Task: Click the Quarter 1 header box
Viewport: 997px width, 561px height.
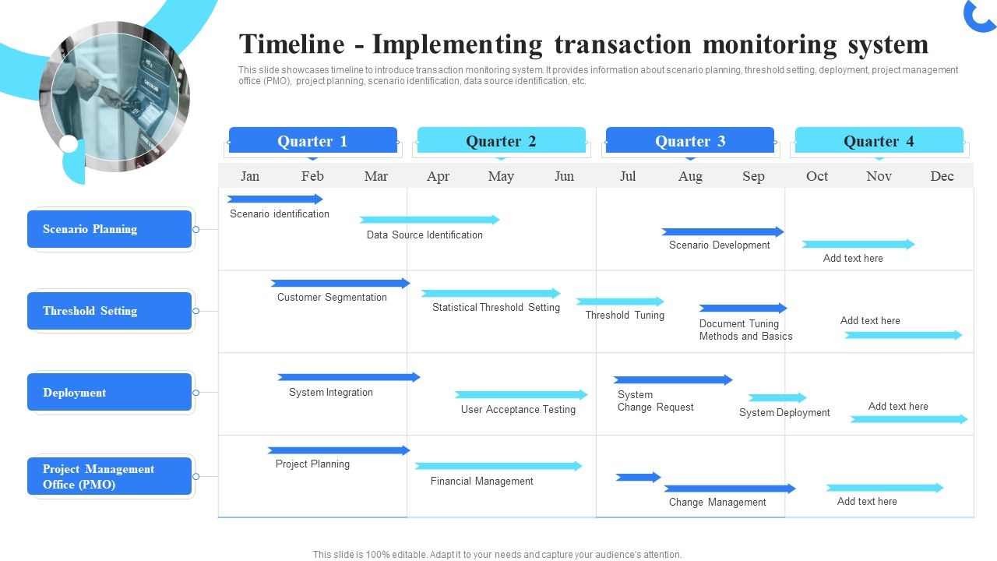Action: (x=312, y=141)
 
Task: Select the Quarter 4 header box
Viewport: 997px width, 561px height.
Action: (x=879, y=141)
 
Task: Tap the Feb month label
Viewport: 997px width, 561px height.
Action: (x=312, y=176)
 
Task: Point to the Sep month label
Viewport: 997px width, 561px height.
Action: (x=753, y=176)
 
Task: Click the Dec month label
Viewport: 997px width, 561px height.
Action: (x=942, y=176)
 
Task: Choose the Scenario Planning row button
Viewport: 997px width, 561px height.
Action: (x=109, y=229)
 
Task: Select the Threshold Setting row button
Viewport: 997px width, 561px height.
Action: (x=109, y=311)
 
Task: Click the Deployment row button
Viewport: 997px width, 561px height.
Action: (x=109, y=393)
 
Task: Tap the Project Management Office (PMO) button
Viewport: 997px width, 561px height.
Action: (x=109, y=476)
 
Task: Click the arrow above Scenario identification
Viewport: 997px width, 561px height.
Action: (x=274, y=199)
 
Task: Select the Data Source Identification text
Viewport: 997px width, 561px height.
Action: (x=425, y=235)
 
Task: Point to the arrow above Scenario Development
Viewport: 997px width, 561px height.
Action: (x=722, y=231)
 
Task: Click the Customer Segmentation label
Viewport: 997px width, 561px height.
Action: (x=332, y=297)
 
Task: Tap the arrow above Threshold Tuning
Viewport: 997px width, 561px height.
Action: (x=619, y=302)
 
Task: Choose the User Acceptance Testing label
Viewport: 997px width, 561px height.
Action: (x=518, y=409)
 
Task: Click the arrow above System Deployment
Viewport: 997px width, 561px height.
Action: (x=777, y=397)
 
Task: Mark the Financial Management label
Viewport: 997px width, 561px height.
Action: (x=481, y=481)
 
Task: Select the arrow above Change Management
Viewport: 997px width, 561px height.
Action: (x=729, y=489)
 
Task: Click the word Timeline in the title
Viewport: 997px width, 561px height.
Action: (x=291, y=44)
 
